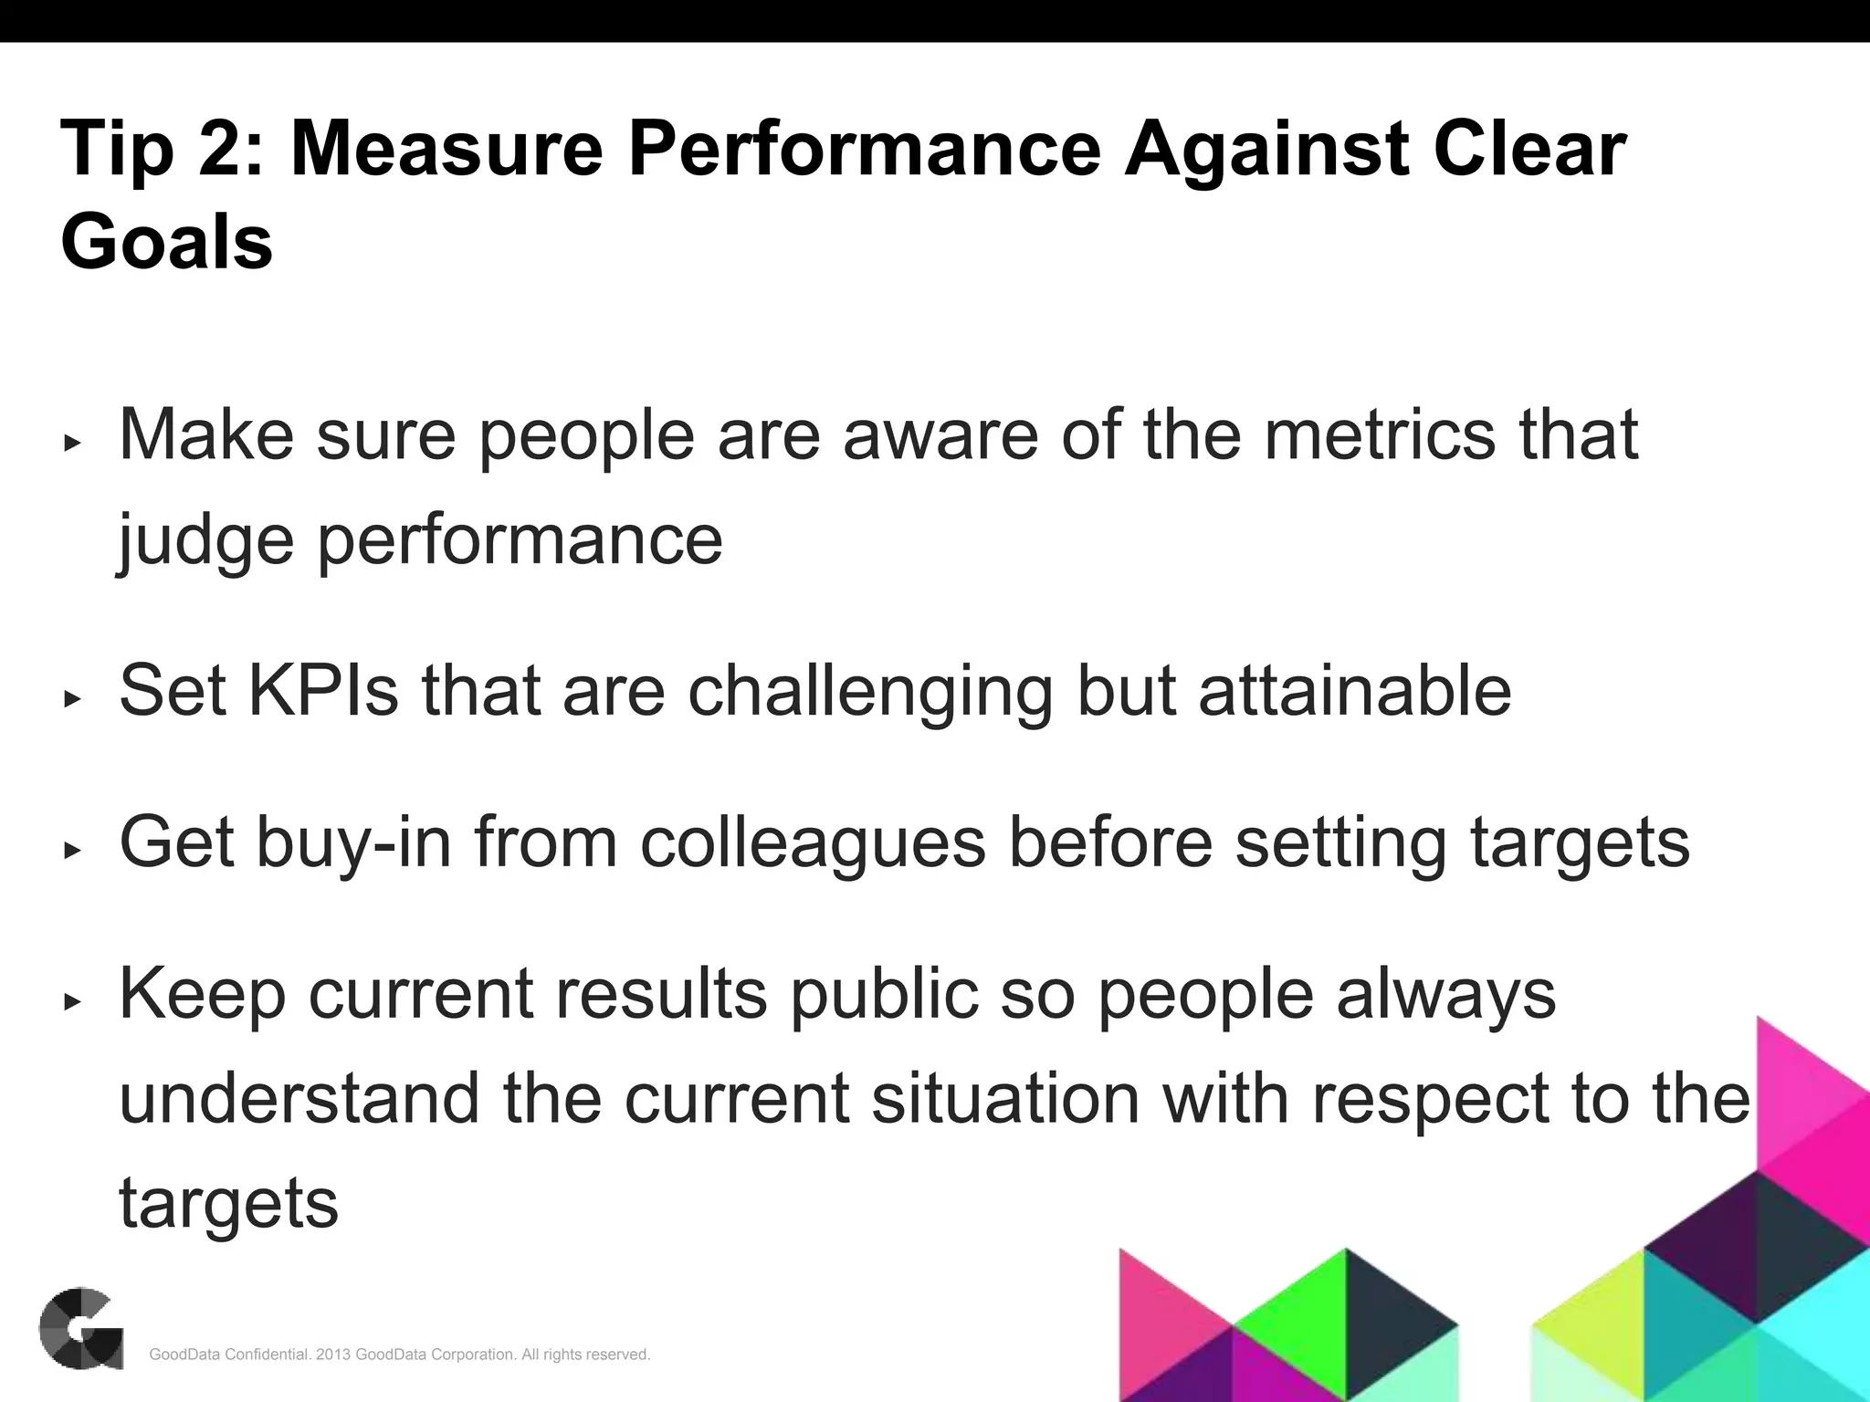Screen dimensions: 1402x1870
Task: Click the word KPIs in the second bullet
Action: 323,691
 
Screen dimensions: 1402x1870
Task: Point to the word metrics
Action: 1380,434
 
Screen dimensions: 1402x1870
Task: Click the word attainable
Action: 1355,691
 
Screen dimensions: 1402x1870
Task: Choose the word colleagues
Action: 813,842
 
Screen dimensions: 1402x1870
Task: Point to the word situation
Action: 1005,1099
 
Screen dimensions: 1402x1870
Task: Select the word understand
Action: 299,1099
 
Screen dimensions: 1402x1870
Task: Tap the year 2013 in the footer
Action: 333,1355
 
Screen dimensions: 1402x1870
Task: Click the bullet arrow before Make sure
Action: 72,444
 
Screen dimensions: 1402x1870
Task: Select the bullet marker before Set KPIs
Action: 72,699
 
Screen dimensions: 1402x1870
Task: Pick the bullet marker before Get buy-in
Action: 72,851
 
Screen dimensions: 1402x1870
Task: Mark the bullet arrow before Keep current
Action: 72,1002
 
